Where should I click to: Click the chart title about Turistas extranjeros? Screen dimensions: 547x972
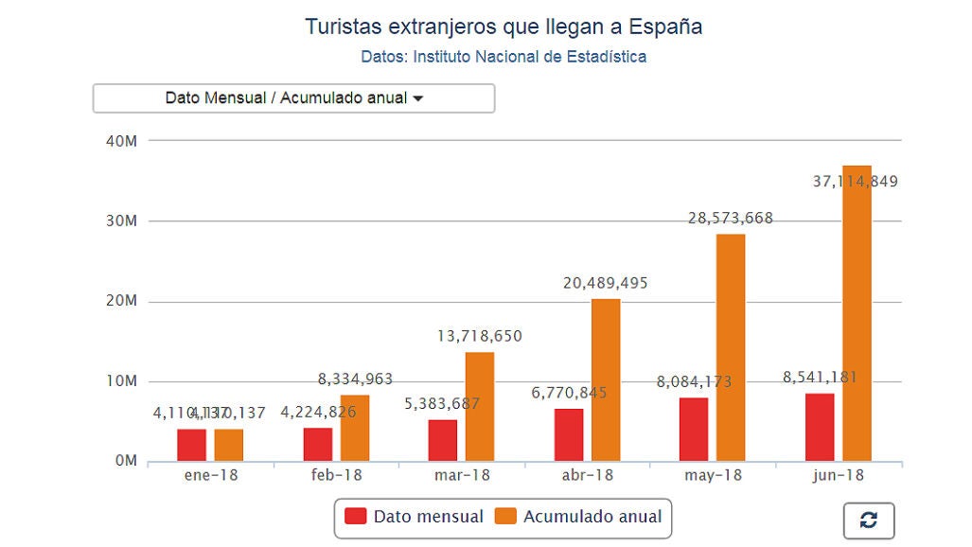click(x=503, y=26)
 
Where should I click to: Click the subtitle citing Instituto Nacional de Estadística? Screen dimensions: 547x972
click(x=504, y=57)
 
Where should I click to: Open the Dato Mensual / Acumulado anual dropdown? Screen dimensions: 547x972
click(x=293, y=98)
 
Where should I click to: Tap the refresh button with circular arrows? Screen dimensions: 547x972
click(x=868, y=520)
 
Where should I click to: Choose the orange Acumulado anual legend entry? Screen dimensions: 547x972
click(x=579, y=517)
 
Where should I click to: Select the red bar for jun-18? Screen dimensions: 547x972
click(x=820, y=428)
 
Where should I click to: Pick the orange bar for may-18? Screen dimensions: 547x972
click(x=731, y=350)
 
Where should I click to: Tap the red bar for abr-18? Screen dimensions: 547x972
click(x=569, y=435)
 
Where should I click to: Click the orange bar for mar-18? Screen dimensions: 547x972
click(x=480, y=407)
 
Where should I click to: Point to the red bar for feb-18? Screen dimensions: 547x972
click(x=318, y=445)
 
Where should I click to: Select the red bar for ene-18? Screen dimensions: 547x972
click(x=191, y=446)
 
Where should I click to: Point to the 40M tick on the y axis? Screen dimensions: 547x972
click(x=123, y=141)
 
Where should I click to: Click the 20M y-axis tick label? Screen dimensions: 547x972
click(x=123, y=301)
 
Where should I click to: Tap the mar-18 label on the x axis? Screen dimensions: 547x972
click(x=462, y=475)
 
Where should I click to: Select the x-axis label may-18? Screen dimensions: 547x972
click(x=713, y=475)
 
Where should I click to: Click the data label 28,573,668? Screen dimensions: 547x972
click(x=731, y=219)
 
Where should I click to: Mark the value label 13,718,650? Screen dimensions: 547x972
click(x=480, y=336)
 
